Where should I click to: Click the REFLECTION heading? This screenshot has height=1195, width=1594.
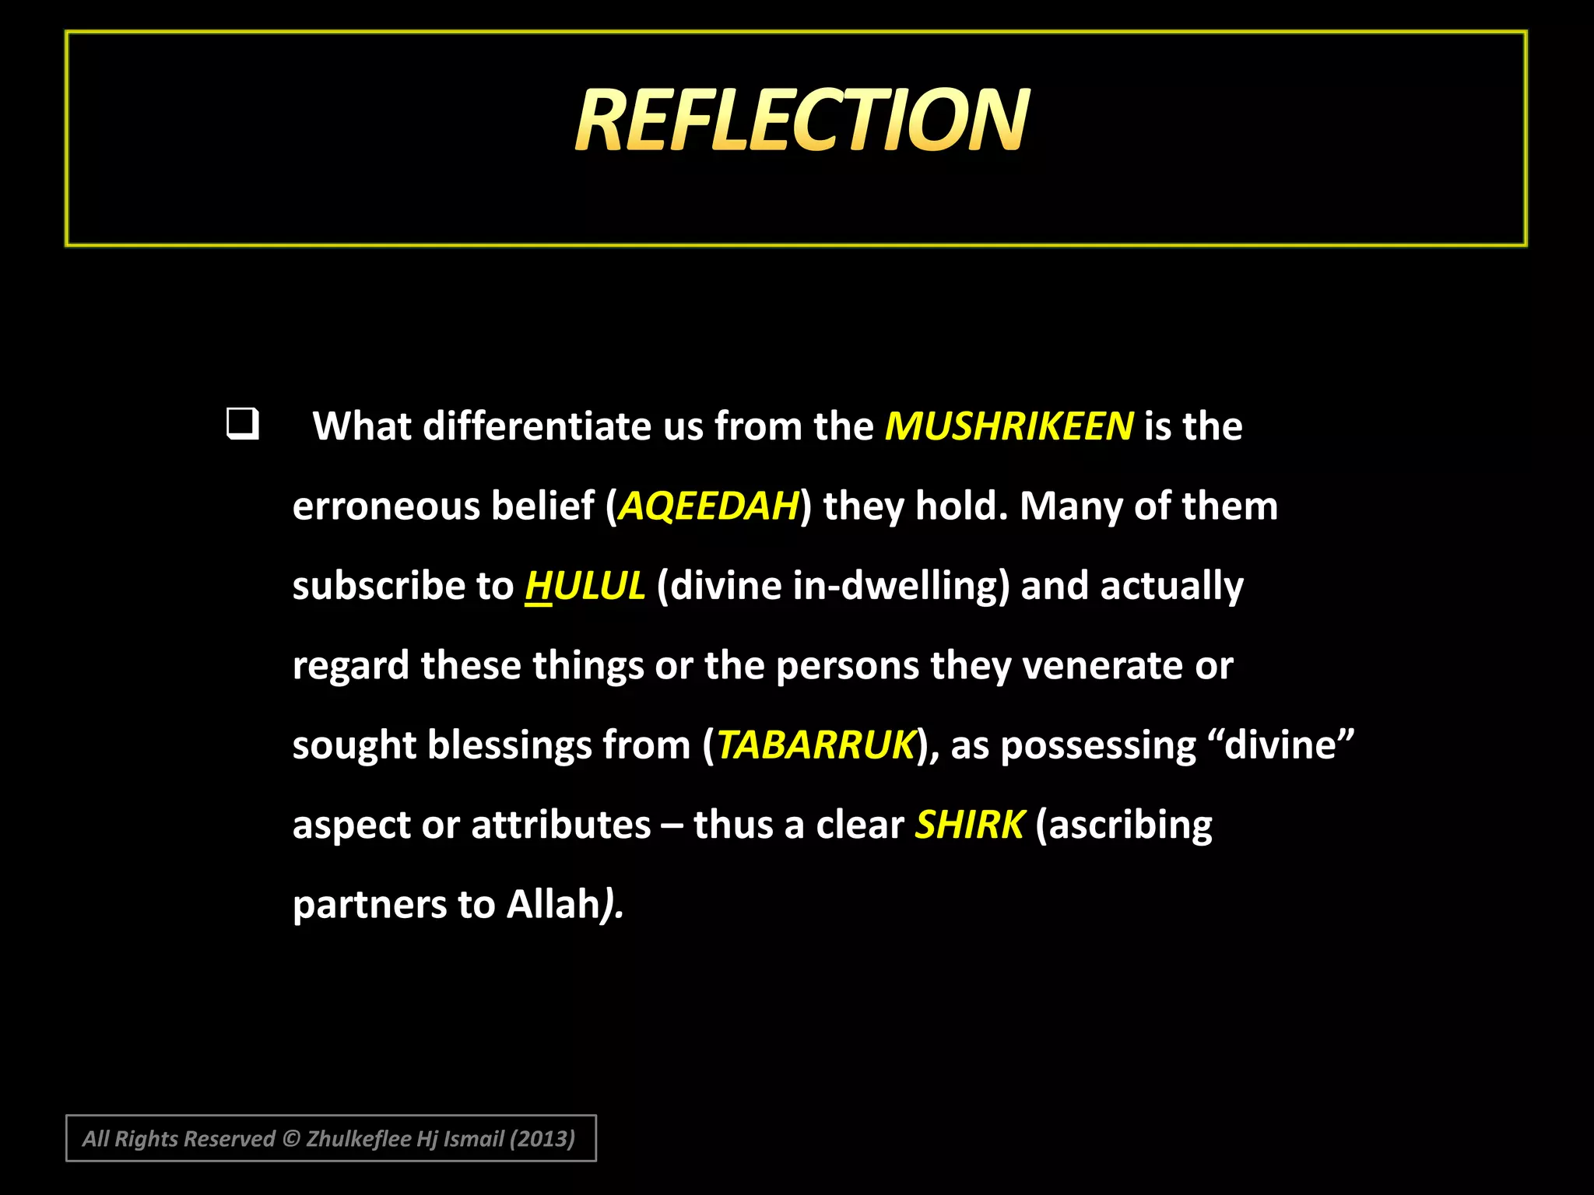[x=802, y=121]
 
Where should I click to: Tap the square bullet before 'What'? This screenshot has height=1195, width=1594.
[x=243, y=425]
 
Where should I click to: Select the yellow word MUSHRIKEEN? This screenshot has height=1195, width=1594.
[x=1009, y=426]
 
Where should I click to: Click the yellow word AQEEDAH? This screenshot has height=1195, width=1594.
[x=708, y=506]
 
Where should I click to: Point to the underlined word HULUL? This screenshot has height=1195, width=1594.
[x=585, y=586]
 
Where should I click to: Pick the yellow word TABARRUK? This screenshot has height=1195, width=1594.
[x=816, y=745]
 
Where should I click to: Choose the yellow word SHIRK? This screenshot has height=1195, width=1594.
[x=969, y=825]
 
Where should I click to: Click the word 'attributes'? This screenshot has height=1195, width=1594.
[x=560, y=825]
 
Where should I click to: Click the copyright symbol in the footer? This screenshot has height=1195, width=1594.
[x=291, y=1139]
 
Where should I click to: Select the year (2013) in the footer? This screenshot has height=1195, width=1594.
[x=542, y=1139]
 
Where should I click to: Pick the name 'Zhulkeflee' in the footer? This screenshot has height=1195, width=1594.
[x=358, y=1139]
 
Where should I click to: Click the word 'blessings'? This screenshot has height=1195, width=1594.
[x=509, y=745]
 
